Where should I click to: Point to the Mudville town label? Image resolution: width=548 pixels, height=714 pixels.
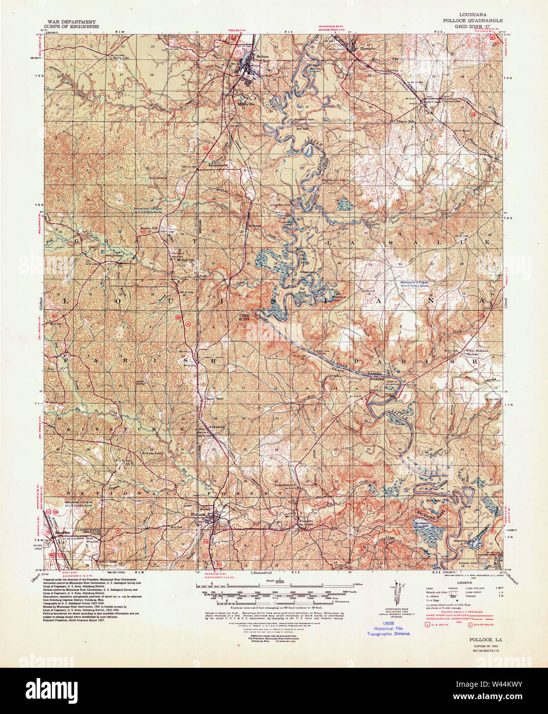pos(246,102)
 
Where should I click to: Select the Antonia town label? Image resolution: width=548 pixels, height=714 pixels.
pos(214,426)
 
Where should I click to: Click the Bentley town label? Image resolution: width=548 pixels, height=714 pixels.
pos(61,533)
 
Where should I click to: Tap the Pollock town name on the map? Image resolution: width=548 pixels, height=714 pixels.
pos(197,514)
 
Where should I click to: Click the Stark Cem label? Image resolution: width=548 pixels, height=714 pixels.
pos(118,58)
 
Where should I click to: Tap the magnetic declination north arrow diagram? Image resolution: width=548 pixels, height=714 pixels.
pos(396,593)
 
